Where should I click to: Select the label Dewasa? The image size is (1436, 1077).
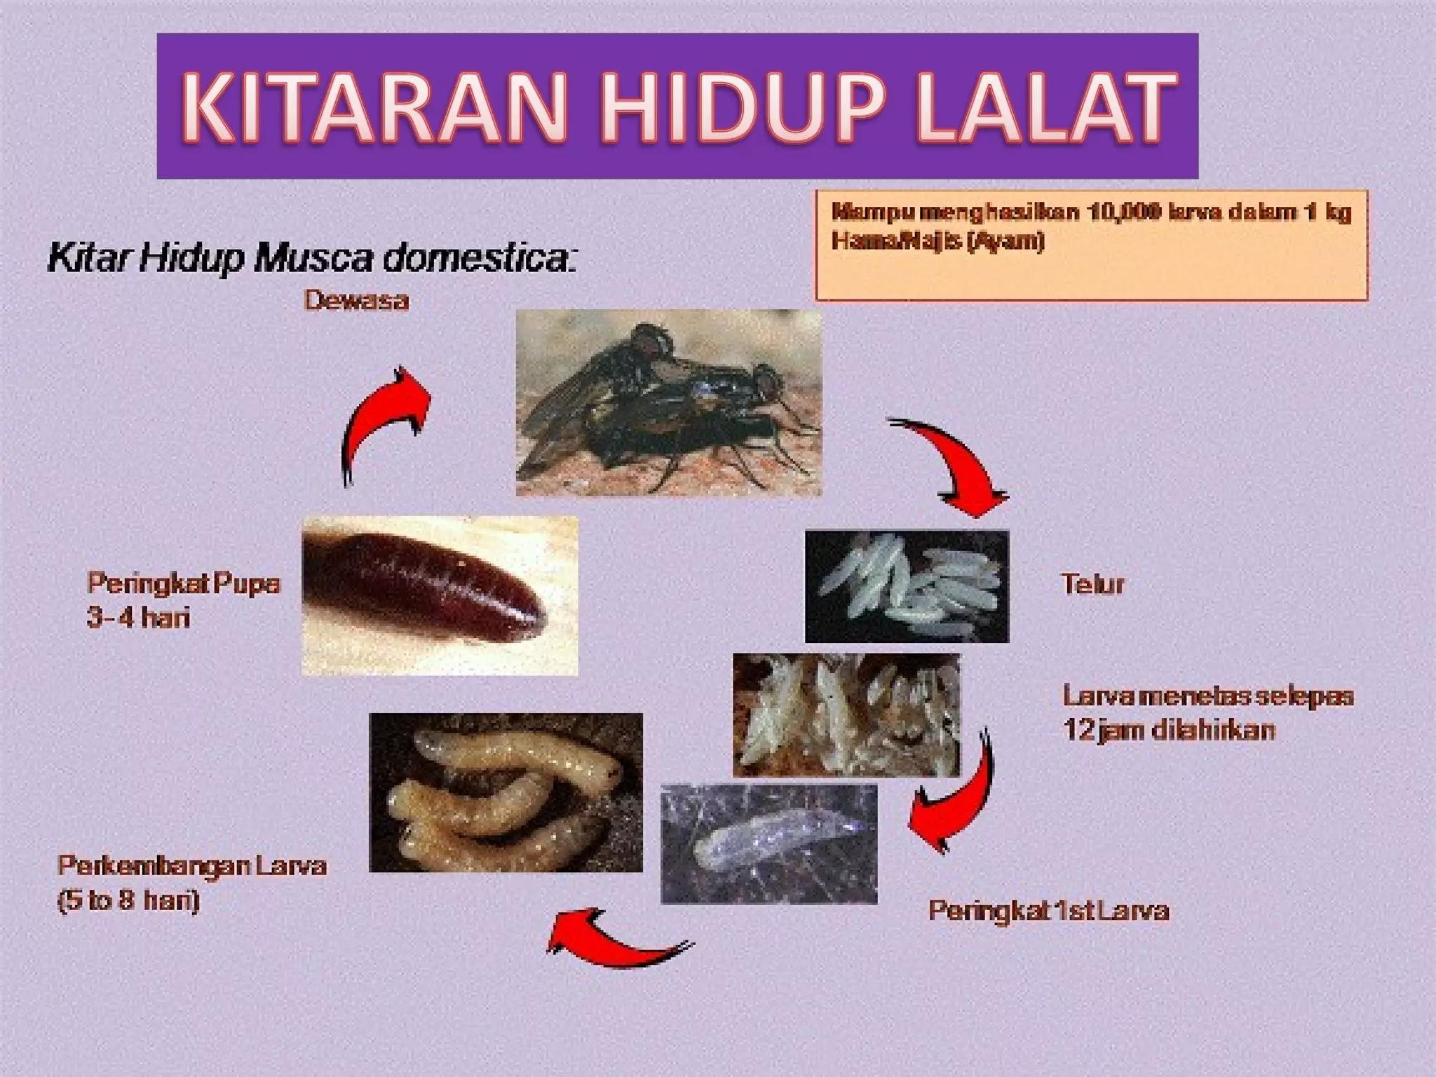(x=356, y=301)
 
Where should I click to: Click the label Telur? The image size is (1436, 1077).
(x=1092, y=584)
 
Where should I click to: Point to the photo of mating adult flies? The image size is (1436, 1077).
(x=669, y=403)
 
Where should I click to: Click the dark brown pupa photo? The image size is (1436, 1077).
(x=440, y=596)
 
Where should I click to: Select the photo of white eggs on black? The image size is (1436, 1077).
(x=907, y=586)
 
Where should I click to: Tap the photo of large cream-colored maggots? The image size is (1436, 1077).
(x=506, y=792)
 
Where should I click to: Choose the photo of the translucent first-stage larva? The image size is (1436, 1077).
(x=769, y=844)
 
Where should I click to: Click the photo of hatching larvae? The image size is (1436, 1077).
(x=846, y=715)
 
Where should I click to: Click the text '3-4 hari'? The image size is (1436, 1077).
(x=138, y=618)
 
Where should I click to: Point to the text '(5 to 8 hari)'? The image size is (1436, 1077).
(x=128, y=900)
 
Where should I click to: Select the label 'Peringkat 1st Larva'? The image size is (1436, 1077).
(x=1048, y=911)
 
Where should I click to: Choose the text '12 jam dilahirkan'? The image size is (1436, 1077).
(x=1169, y=731)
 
